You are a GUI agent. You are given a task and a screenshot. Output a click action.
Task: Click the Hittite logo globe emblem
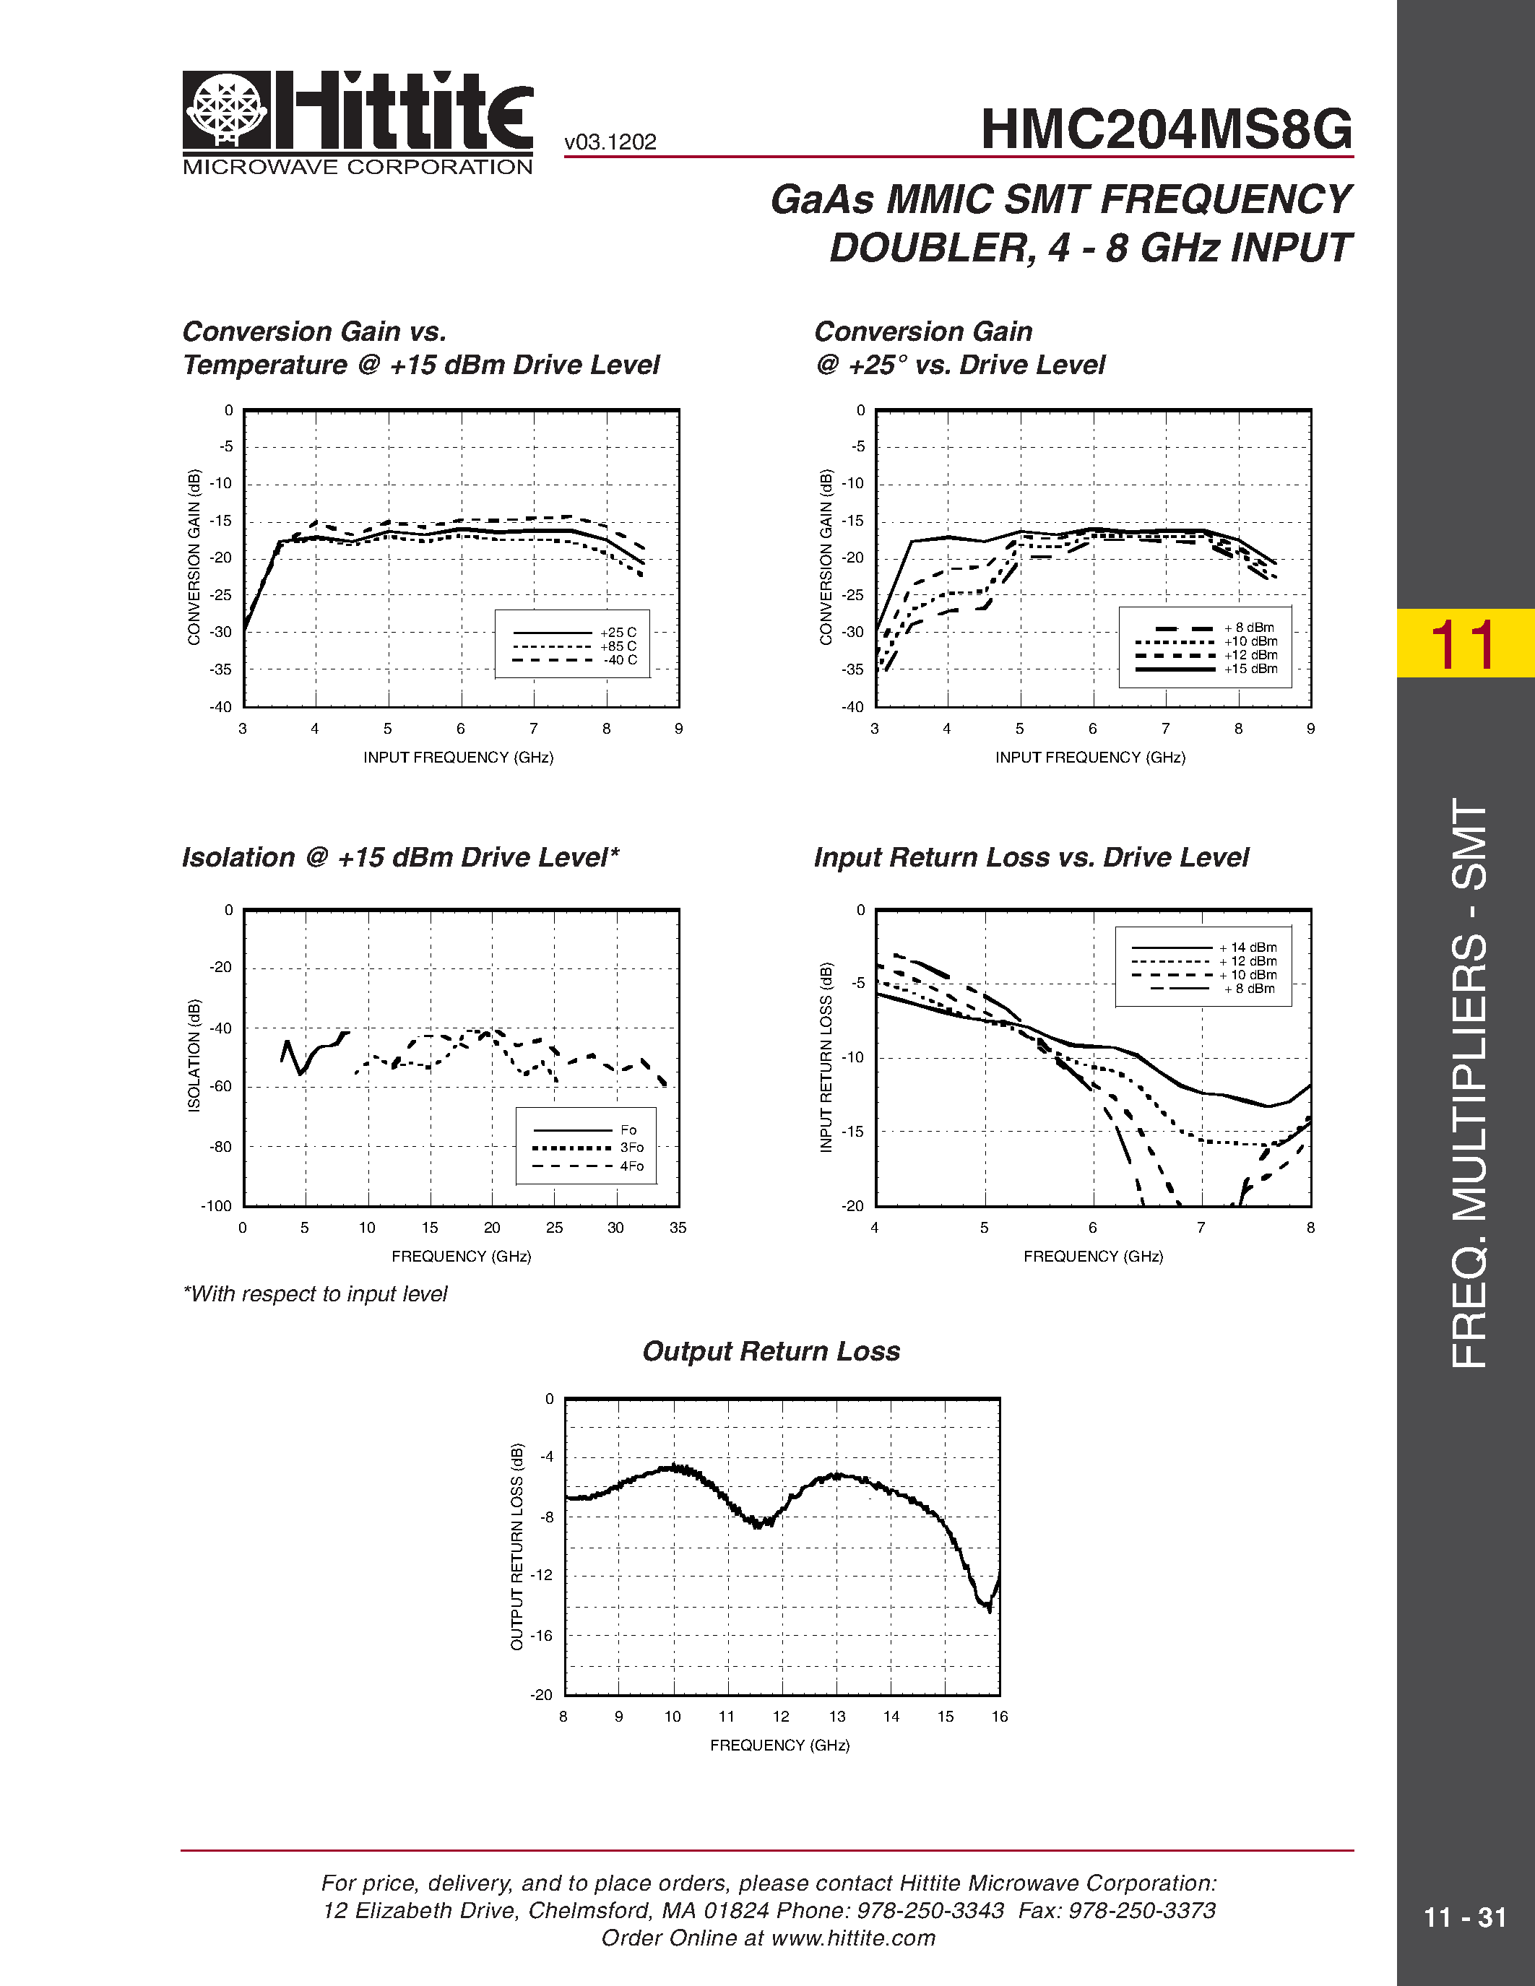pos(226,109)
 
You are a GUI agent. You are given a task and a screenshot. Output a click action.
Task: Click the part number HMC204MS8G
pos(1166,129)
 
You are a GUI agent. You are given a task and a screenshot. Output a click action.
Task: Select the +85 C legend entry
pos(618,646)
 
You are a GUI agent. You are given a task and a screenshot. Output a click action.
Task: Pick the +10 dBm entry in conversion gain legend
pos(1250,641)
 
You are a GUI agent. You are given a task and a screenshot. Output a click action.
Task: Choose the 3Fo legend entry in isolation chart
pos(631,1148)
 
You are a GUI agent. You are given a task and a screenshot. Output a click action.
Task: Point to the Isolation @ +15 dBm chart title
pos(400,857)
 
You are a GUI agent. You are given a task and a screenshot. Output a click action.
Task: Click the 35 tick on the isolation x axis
pos(678,1228)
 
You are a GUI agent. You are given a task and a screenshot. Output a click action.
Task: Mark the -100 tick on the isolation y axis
pos(217,1206)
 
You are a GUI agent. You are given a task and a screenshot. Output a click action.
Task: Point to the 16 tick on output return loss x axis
pos(1000,1717)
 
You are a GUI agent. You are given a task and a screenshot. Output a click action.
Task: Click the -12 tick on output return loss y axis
pos(541,1575)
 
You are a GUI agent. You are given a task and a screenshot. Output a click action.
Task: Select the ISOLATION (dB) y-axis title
pos(194,1055)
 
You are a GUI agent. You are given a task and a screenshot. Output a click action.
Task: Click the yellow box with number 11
pos(1465,643)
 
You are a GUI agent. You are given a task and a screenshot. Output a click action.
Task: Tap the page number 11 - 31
pos(1465,1918)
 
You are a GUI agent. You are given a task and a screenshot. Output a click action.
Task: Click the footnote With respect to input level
pos(315,1294)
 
